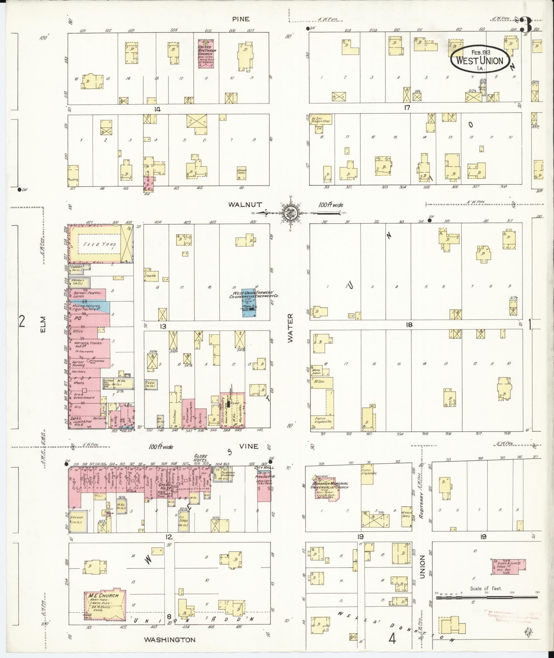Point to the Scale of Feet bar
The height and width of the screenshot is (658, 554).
(x=487, y=598)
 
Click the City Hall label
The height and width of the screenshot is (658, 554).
(x=261, y=468)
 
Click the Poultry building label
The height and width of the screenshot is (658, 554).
(x=73, y=180)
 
